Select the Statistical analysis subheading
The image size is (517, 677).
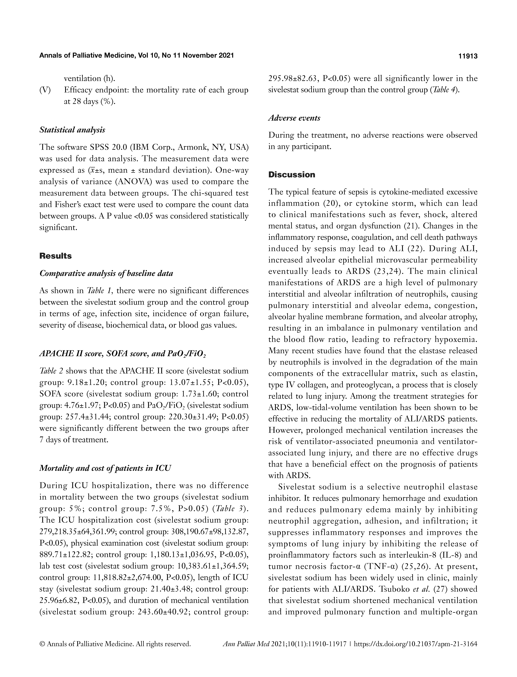pyautogui.click(x=72, y=130)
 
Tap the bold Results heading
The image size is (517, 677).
pyautogui.click(x=55, y=256)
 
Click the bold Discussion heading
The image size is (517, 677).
pyautogui.click(x=292, y=175)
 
